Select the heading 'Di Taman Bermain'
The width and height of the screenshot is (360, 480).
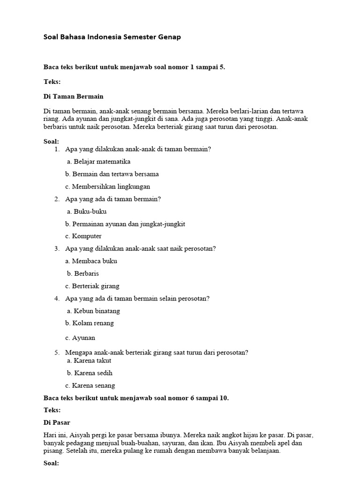click(73, 96)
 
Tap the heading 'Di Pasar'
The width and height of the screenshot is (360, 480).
click(57, 422)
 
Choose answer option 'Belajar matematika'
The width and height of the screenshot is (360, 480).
click(98, 162)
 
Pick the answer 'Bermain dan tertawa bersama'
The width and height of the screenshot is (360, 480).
click(112, 174)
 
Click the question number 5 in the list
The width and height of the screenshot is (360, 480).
click(56, 352)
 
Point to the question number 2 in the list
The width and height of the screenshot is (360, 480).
click(56, 199)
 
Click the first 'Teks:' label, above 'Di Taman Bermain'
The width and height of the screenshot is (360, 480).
click(52, 82)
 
